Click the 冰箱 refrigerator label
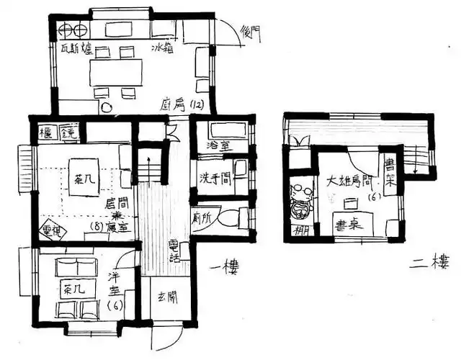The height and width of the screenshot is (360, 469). pyautogui.click(x=162, y=49)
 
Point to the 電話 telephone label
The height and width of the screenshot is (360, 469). pyautogui.click(x=174, y=249)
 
